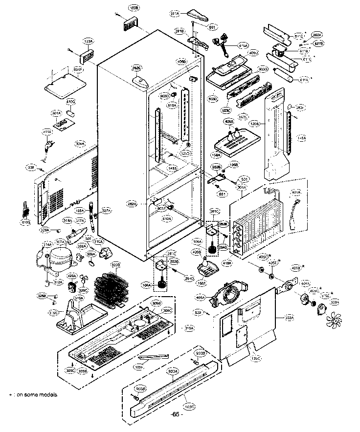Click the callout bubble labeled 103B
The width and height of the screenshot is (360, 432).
click(133, 8)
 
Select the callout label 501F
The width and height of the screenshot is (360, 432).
click(78, 70)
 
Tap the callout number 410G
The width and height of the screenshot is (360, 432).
click(70, 101)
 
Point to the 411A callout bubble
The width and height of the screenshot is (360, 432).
click(47, 131)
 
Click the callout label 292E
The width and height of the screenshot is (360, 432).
click(136, 68)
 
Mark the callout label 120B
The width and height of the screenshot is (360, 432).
click(255, 124)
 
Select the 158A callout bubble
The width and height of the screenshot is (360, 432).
click(217, 155)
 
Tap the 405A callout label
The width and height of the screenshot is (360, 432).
click(200, 297)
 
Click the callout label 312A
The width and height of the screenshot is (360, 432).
click(58, 282)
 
